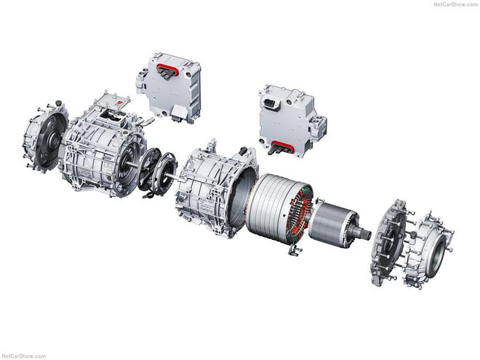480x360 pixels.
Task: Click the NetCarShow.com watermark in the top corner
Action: coord(455,4)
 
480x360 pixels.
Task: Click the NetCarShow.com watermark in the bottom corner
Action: coord(23,356)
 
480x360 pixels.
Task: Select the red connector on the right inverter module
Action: coord(283,147)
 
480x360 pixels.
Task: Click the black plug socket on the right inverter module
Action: coord(271,103)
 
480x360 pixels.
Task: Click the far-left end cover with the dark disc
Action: coord(46,138)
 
